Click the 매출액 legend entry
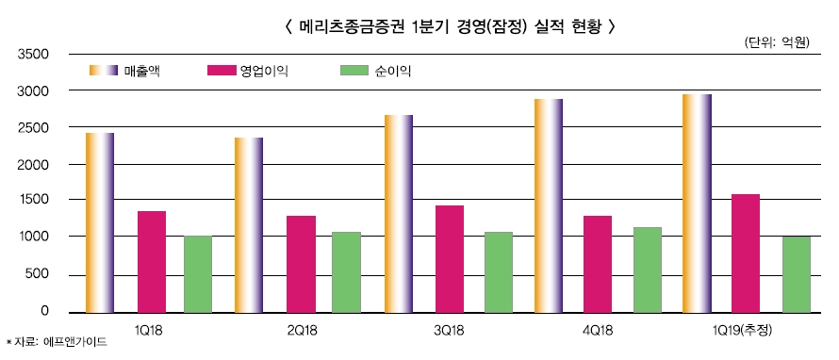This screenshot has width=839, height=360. point(141,71)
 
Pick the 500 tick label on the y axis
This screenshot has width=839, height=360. point(37,275)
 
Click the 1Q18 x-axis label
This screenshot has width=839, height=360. point(148,329)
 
